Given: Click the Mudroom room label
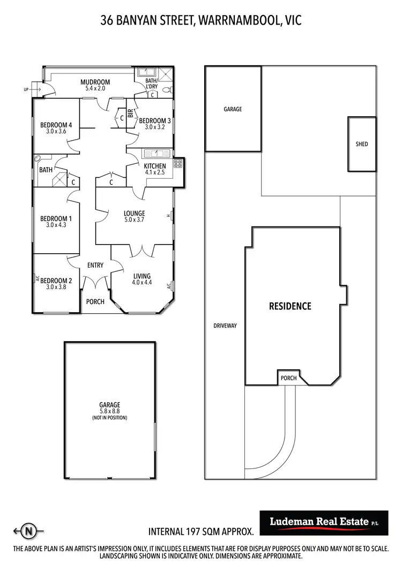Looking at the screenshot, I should click(x=95, y=82).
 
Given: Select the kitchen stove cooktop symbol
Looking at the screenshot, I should click(x=177, y=164).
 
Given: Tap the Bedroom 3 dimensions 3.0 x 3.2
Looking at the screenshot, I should click(x=154, y=128).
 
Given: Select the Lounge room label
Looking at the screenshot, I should click(x=135, y=214).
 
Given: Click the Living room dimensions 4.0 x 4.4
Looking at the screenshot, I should click(x=142, y=283).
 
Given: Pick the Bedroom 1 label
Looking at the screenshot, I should click(x=55, y=218).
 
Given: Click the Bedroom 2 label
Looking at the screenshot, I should click(x=55, y=281).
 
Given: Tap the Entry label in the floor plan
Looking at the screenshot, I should click(x=95, y=265).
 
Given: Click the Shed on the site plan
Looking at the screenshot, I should click(x=362, y=144).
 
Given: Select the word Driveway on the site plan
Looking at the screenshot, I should click(x=225, y=325).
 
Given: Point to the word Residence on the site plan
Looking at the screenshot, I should click(x=290, y=306).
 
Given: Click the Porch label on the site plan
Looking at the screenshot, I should click(x=288, y=378).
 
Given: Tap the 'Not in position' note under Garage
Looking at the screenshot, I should click(x=109, y=418).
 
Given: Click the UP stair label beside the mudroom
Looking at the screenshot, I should click(x=26, y=89).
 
